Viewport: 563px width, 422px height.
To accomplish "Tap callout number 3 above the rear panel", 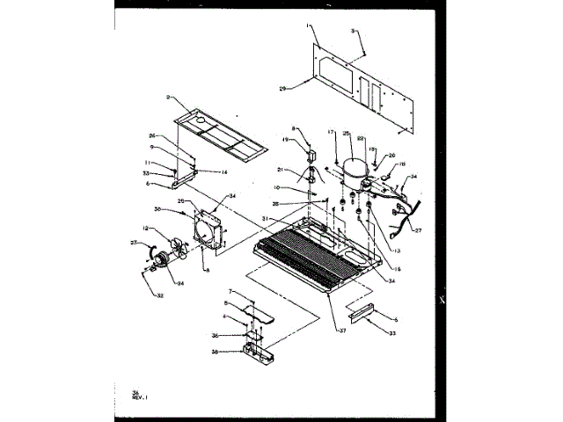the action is point(353,31).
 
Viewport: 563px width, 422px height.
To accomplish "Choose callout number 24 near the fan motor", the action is point(180,283).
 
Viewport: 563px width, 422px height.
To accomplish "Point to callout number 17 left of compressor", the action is point(333,133).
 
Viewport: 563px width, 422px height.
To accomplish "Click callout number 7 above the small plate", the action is point(230,291).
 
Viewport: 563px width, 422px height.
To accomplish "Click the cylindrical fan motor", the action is point(162,258).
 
